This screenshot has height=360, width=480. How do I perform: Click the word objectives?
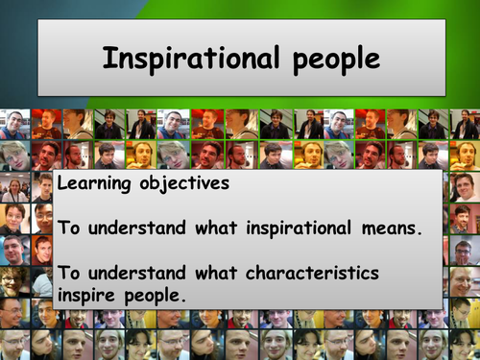click(185, 182)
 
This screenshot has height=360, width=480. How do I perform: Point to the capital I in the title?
click(108, 60)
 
